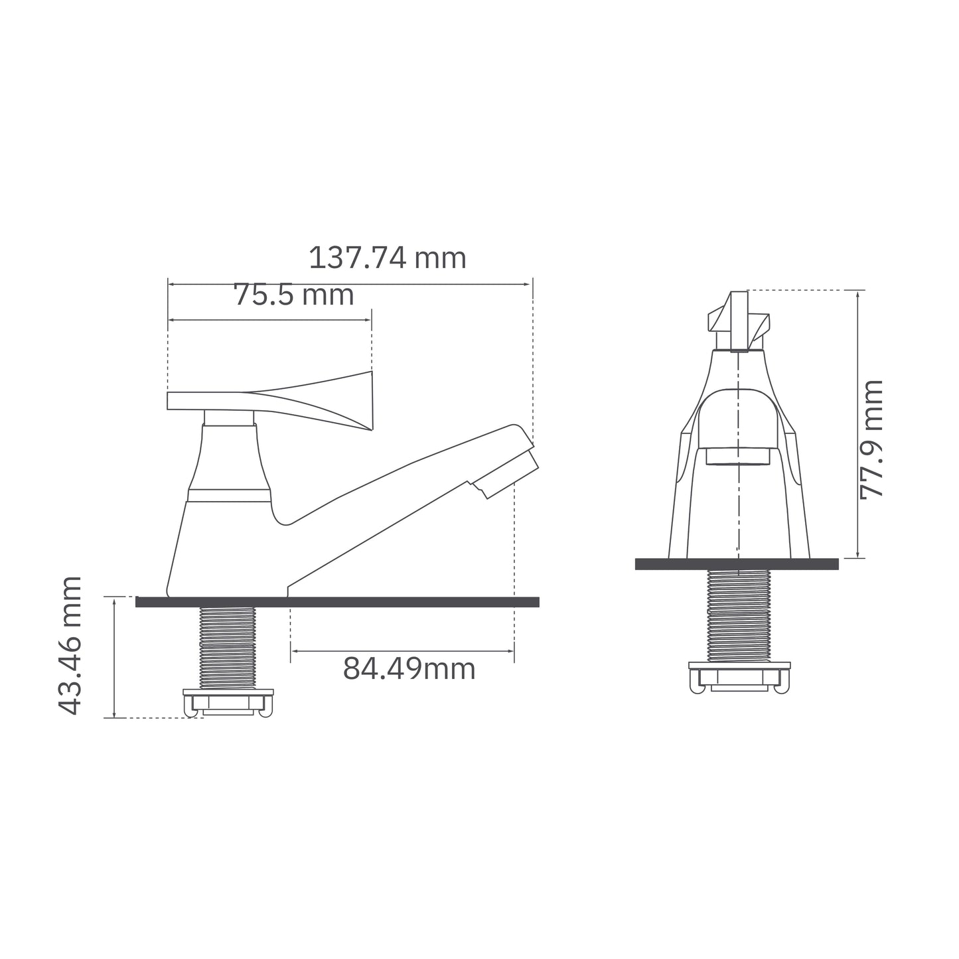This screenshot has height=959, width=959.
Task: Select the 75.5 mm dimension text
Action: tap(293, 295)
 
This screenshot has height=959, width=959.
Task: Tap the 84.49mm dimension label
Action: tap(409, 669)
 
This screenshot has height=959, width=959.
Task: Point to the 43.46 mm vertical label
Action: tap(70, 646)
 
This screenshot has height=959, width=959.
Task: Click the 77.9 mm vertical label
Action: tap(871, 439)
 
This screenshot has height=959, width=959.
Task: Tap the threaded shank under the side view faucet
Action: tap(227, 647)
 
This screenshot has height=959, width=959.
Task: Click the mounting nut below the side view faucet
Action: tap(228, 702)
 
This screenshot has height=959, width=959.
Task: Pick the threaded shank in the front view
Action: tap(738, 615)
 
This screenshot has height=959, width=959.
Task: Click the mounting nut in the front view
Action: tap(739, 677)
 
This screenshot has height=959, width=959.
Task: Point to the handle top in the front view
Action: tap(739, 322)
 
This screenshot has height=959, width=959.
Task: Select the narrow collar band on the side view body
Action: tap(229, 495)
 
